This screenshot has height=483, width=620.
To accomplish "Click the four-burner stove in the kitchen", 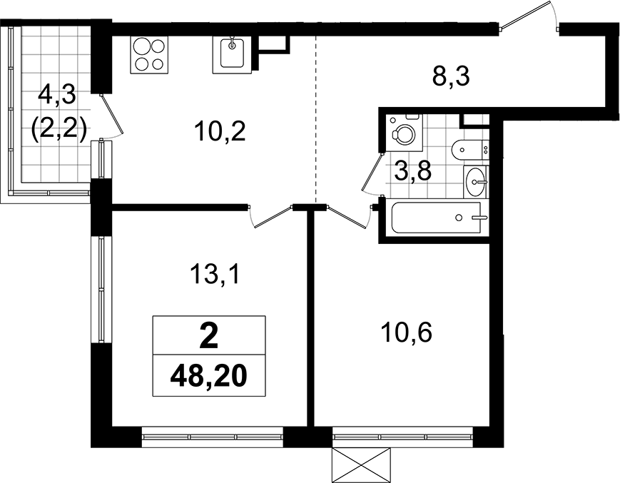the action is tap(149, 54).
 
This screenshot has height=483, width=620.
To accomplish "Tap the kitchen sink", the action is tap(232, 54).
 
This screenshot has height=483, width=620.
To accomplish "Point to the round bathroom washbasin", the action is tap(476, 181).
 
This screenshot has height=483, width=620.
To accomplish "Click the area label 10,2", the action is tap(220, 131).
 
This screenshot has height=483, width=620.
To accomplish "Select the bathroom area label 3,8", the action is tap(412, 172).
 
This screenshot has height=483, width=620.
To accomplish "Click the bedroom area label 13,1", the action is tap(215, 274).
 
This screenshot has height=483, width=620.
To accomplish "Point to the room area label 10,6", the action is tap(406, 332).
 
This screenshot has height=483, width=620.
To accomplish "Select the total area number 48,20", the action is tap(209, 375).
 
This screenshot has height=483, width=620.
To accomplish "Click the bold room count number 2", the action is tap(209, 335).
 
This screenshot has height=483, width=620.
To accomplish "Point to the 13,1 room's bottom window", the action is tap(212, 437).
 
